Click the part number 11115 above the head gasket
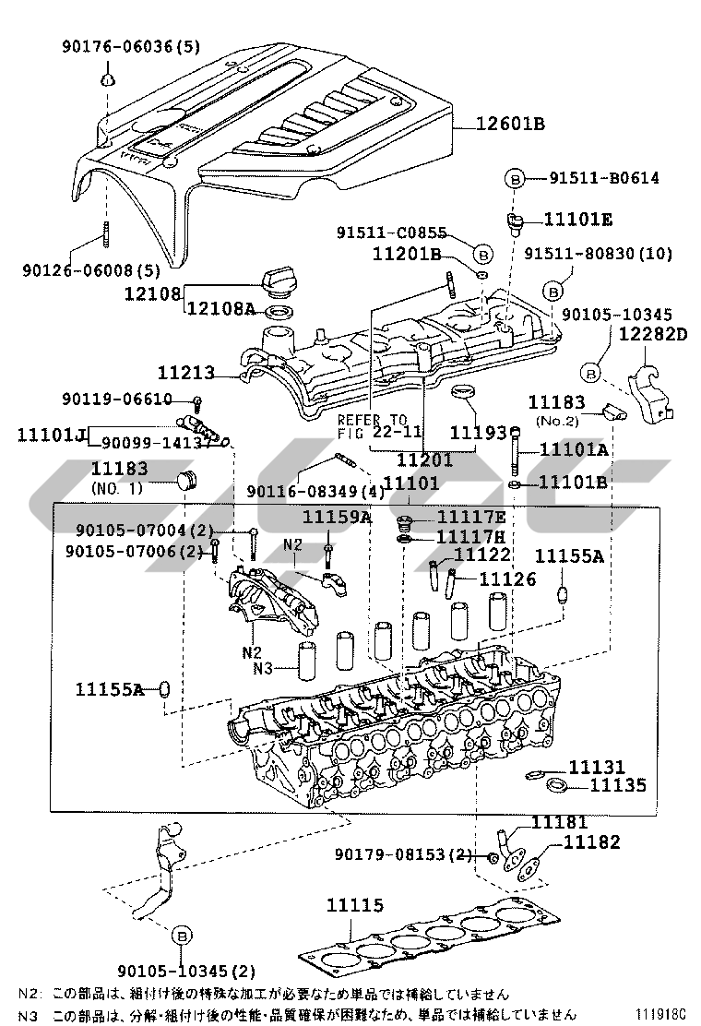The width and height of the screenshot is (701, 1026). [x=354, y=907]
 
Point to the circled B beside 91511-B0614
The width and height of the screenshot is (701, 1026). [x=514, y=178]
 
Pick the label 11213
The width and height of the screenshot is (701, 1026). [x=185, y=374]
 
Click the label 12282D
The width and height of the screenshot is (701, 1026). [x=653, y=334]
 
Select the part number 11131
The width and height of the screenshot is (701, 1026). [x=596, y=767]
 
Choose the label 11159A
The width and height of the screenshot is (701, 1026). [x=337, y=517]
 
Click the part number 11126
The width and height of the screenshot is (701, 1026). [x=506, y=579]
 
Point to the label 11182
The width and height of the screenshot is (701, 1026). [x=592, y=841]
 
